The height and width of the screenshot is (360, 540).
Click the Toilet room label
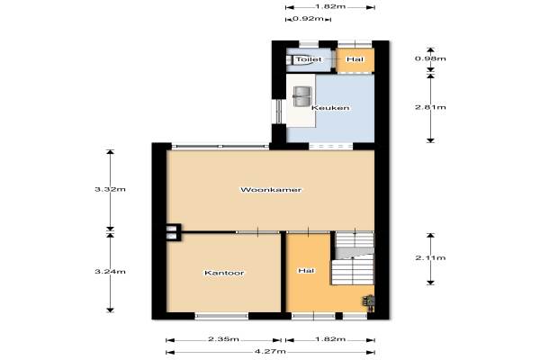[x=309, y=59]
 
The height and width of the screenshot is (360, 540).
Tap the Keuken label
[x=330, y=108]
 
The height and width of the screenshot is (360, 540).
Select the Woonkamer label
[x=271, y=190]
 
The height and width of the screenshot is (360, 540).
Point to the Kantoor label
[x=224, y=273]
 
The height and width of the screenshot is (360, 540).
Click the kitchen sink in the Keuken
[x=302, y=96]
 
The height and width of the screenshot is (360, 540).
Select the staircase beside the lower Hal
[x=353, y=258]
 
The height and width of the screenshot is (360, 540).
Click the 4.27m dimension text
[x=270, y=351]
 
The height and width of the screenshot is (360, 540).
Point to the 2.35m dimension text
[x=223, y=339]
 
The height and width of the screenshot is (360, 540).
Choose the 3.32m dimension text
[x=110, y=189]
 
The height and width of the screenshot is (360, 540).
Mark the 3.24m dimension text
[x=110, y=272]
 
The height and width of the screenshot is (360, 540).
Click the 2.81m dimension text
[x=430, y=107]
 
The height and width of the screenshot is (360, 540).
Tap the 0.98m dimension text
[x=430, y=58]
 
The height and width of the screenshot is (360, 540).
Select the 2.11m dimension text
[x=430, y=257]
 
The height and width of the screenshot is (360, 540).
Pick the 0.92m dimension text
[x=308, y=18]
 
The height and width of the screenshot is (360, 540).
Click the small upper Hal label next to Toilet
[x=355, y=59]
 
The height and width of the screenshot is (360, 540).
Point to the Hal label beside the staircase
[x=306, y=271]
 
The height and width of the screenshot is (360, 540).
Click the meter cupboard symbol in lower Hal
[x=368, y=303]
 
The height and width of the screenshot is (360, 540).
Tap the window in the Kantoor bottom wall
[x=221, y=316]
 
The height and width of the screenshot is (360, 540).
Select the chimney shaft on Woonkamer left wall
[x=174, y=232]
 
